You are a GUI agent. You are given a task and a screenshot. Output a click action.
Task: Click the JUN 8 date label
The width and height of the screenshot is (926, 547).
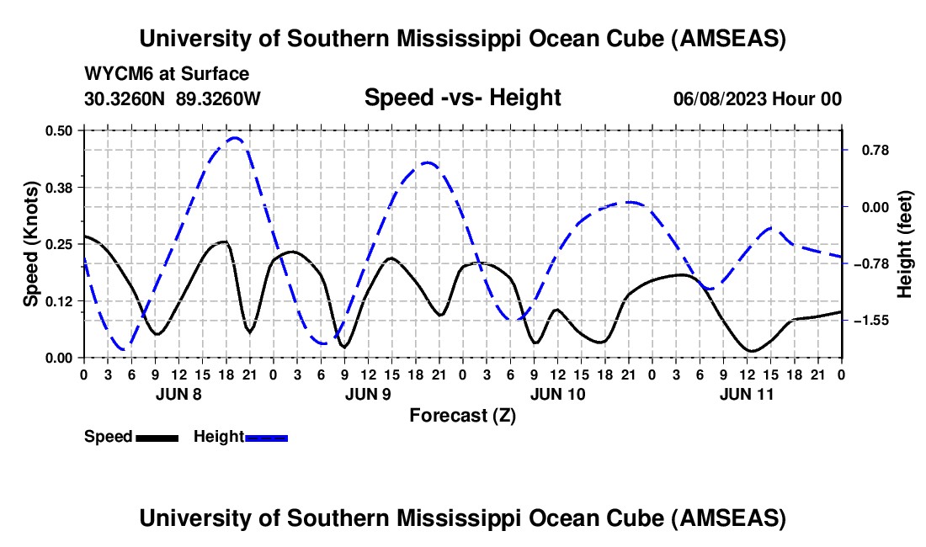(178, 392)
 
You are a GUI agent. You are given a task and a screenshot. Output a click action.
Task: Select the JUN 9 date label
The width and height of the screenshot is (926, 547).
(368, 392)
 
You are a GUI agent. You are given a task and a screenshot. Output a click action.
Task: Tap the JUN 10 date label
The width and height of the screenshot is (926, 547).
(557, 392)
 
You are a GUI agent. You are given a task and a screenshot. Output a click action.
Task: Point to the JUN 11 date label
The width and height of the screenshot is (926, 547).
(747, 392)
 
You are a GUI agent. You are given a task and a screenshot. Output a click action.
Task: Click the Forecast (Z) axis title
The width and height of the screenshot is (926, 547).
(462, 415)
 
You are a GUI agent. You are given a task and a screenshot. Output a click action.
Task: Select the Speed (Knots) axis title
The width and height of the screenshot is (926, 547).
(31, 243)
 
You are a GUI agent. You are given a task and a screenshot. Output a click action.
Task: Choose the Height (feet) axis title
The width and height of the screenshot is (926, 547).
(905, 243)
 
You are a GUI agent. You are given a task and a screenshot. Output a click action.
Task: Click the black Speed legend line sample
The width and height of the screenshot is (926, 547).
(156, 438)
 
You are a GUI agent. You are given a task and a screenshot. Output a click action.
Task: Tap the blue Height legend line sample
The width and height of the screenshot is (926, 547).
(266, 438)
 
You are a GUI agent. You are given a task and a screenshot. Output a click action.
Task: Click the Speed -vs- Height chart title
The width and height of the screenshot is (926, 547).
(462, 98)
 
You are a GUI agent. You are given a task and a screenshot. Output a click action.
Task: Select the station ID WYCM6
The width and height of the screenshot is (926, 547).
(114, 74)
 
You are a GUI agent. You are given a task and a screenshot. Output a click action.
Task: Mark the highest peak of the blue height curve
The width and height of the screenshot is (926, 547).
(235, 138)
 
